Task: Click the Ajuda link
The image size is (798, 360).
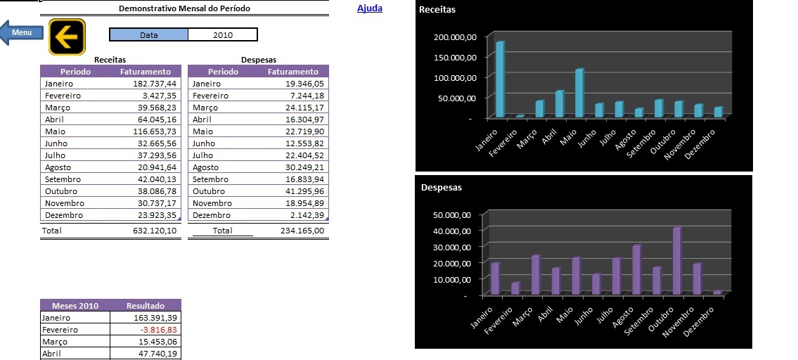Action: [x=370, y=8]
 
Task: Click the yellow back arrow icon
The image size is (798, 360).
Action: [x=67, y=36]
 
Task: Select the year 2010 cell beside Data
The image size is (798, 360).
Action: [x=222, y=34]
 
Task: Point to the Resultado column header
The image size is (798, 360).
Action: [x=145, y=306]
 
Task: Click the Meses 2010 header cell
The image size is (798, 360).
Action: [x=75, y=306]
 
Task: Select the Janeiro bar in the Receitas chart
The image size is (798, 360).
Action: [x=500, y=79]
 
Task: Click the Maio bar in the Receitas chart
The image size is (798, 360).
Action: [x=579, y=93]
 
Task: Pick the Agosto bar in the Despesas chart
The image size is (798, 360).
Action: [x=636, y=269]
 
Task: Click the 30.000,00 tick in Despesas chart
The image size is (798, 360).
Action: [x=457, y=247]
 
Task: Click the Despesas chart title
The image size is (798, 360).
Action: [x=441, y=188]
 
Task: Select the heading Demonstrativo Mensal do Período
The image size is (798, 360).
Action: [x=184, y=8]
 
